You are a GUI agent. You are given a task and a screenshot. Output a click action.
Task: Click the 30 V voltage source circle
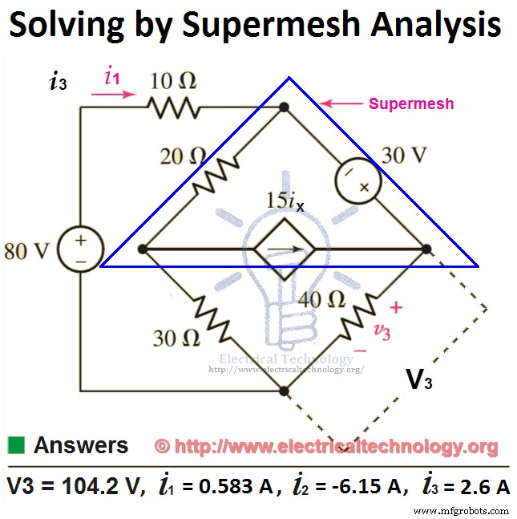[353, 174]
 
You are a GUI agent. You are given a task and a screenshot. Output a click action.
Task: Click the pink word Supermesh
[411, 103]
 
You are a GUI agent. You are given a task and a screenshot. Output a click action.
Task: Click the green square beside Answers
[16, 444]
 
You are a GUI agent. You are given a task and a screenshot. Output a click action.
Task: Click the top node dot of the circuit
[283, 106]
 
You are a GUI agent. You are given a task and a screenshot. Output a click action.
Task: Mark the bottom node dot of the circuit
[283, 391]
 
